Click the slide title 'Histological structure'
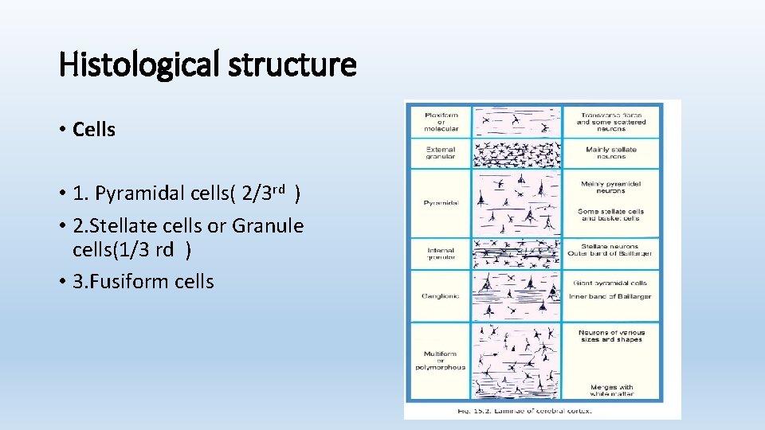pos(207,64)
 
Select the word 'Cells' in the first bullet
pos(94,130)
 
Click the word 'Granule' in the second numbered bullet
pos(268,226)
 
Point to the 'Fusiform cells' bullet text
pos(143,281)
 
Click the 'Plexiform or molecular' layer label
pos(441,121)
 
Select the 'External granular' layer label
pos(441,153)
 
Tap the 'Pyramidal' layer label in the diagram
pos(441,203)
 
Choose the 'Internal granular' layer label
pos(441,253)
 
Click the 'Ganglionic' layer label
pos(441,296)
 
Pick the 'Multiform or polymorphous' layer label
pos(441,360)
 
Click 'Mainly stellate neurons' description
pos(611,153)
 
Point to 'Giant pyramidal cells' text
pos(610,283)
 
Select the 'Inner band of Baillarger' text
pos(610,296)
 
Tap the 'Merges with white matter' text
pos(610,390)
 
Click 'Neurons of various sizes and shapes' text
pos(610,336)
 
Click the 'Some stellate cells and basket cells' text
pos(610,215)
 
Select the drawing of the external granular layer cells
pos(516,153)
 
